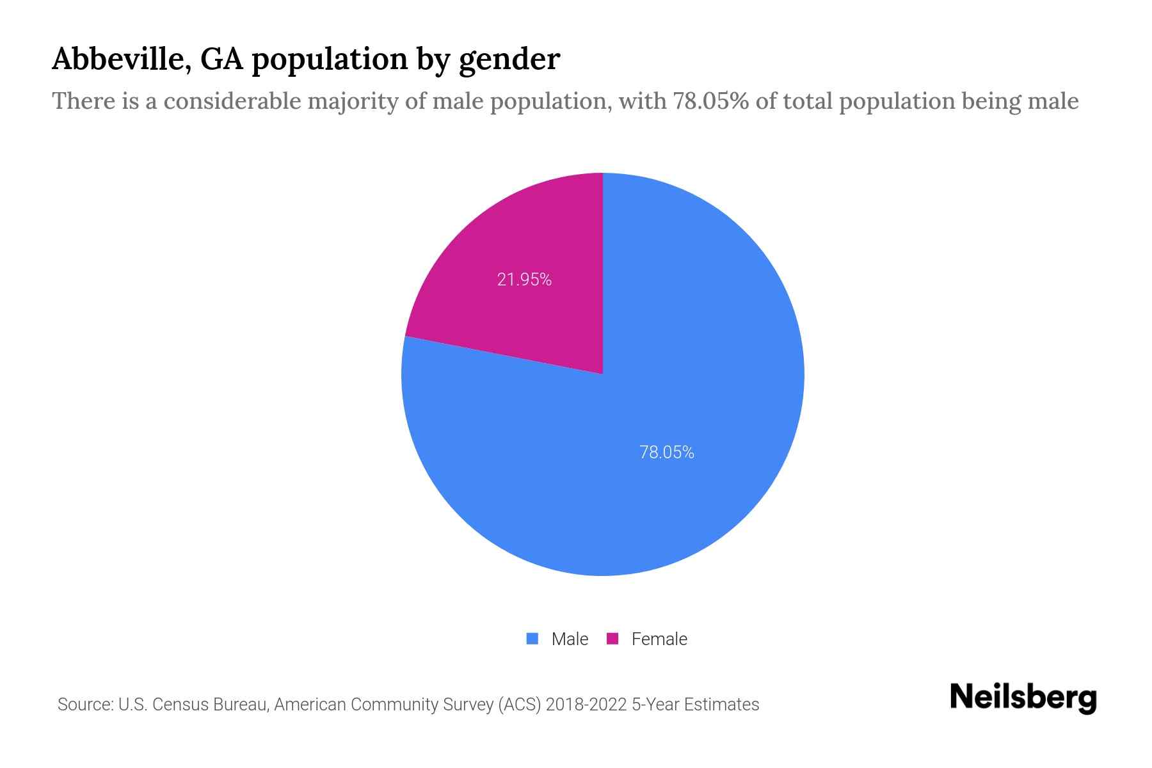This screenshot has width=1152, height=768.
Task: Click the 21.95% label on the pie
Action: click(524, 280)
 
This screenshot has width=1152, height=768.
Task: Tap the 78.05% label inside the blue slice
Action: click(666, 452)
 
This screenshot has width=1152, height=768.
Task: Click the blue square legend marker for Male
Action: click(532, 639)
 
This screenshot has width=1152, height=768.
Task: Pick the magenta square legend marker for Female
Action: click(612, 639)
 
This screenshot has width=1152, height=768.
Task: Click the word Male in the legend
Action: click(570, 639)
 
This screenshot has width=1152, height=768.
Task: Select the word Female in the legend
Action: click(659, 639)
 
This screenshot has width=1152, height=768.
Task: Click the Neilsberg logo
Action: click(1023, 698)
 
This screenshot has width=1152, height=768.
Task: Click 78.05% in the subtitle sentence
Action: click(710, 101)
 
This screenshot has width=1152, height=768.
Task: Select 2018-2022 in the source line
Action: click(586, 705)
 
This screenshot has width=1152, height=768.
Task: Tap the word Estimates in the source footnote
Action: click(721, 705)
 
